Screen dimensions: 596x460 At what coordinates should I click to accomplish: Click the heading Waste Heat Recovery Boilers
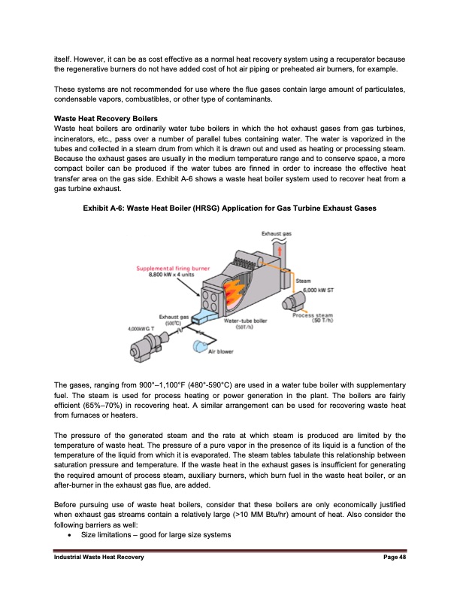tap(104, 119)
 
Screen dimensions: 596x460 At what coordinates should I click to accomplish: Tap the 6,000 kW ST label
tap(319, 290)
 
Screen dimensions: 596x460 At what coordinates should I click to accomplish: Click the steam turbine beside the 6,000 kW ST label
tap(291, 304)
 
